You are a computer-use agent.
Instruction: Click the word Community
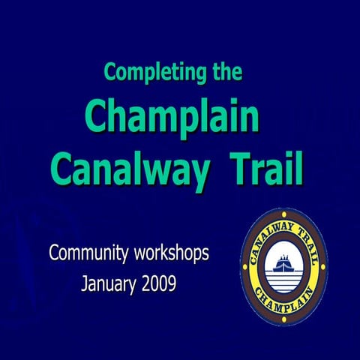89,253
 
